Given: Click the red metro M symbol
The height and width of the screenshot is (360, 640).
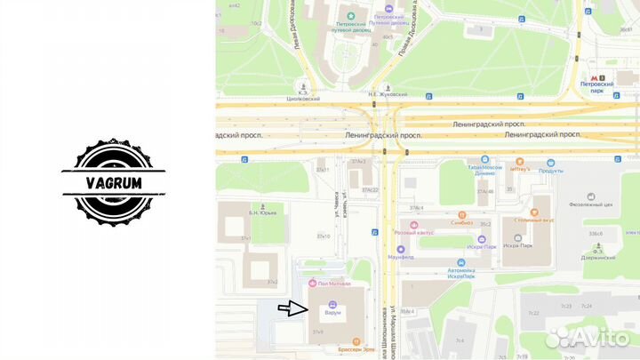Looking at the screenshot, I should pos(593,79).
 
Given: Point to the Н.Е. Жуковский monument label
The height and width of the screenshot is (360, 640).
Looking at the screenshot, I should pos(388,93).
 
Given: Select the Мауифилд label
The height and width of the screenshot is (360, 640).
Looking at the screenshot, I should pos(413,255).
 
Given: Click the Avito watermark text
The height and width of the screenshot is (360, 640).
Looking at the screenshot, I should pos(591,337).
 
